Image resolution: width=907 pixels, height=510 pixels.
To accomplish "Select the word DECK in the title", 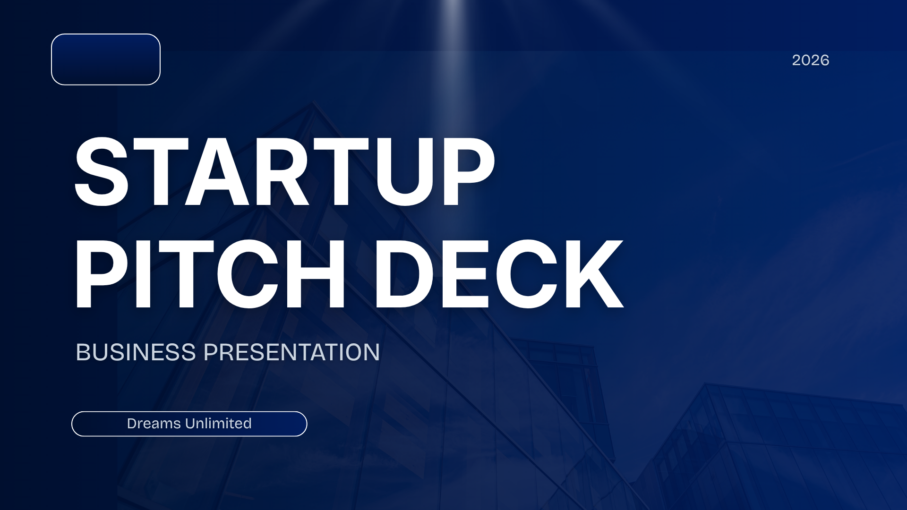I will tap(499, 274).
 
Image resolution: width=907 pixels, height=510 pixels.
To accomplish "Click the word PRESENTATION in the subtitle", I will tap(291, 352).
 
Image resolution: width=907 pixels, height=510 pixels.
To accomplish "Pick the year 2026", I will tap(810, 60).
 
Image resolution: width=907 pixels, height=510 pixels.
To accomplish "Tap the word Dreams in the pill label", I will tap(154, 424).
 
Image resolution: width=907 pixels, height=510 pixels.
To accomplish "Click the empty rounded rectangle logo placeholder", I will tap(106, 59).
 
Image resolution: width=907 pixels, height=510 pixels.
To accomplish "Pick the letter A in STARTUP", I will tap(217, 172).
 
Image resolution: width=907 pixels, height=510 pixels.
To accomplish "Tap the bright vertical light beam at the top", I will tap(453, 42).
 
